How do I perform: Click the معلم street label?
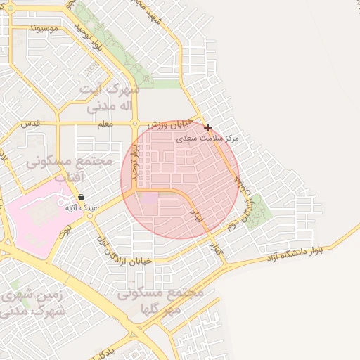pyautogui.click(x=105, y=123)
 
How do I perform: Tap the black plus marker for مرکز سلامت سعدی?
pyautogui.click(x=207, y=127)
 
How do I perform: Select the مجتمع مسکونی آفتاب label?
pyautogui.click(x=69, y=169)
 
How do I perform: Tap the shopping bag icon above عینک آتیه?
pyautogui.click(x=81, y=198)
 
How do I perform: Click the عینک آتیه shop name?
pyautogui.click(x=81, y=208)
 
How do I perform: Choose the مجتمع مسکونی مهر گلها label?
pyautogui.click(x=162, y=300)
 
